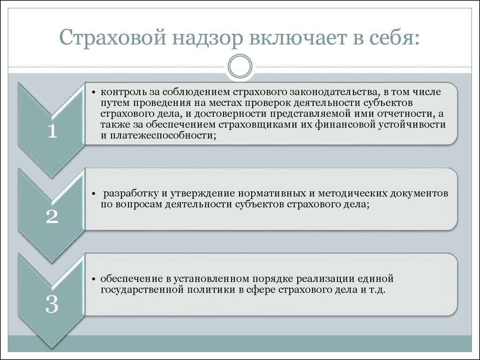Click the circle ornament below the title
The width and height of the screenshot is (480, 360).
(x=240, y=67)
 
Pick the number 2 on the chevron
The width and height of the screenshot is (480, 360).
(x=52, y=217)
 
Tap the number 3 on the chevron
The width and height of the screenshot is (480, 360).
(x=52, y=306)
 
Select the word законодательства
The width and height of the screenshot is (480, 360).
(x=326, y=91)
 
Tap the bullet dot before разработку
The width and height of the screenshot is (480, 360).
(x=94, y=194)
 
